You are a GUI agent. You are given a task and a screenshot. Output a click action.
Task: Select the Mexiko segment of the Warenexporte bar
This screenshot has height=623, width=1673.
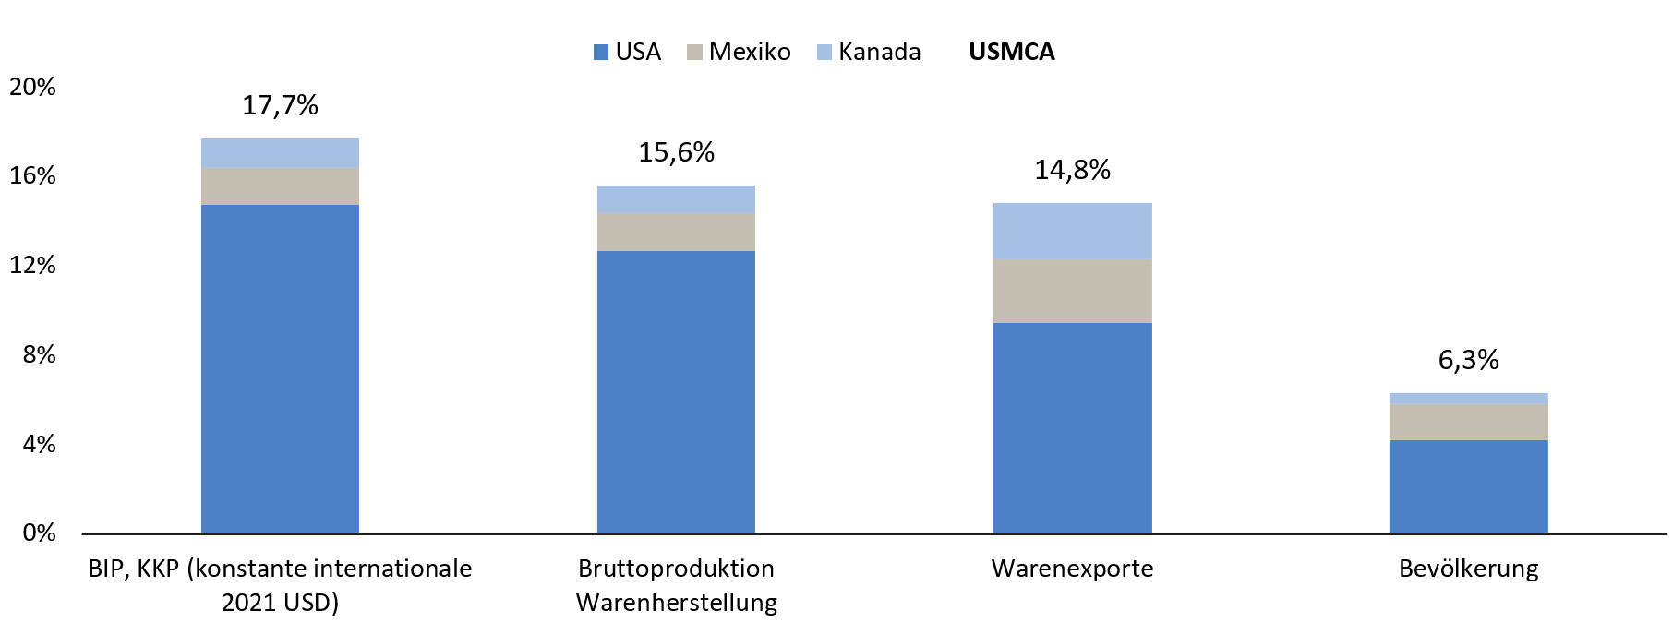click(x=1072, y=291)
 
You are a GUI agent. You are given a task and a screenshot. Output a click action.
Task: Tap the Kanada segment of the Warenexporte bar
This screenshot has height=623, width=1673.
click(x=1072, y=231)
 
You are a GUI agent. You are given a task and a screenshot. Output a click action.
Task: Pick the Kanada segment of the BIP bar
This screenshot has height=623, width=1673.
click(x=280, y=152)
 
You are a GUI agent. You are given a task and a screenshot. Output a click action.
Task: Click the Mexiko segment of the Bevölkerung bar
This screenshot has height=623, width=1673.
click(x=1468, y=422)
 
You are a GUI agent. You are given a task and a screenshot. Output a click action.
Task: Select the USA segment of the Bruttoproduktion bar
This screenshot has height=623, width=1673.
click(x=676, y=391)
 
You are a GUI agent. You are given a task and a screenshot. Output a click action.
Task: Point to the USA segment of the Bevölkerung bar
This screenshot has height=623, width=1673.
click(x=1468, y=486)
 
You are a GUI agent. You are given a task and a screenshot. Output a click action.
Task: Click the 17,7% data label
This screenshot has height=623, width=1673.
click(x=280, y=105)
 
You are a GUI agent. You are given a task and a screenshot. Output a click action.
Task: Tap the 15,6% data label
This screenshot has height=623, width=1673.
click(x=676, y=152)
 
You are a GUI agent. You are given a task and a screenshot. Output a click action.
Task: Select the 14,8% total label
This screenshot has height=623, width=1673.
click(x=1072, y=170)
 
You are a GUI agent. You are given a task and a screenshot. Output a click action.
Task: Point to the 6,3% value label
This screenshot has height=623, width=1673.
click(x=1468, y=360)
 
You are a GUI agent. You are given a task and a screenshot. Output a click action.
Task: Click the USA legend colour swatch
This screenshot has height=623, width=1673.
click(x=601, y=53)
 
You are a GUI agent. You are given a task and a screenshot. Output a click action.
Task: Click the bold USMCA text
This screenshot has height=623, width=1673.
click(x=1011, y=52)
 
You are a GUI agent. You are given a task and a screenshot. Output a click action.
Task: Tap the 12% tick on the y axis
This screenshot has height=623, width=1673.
click(x=32, y=266)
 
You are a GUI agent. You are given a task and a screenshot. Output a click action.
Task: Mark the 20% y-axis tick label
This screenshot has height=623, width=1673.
click(x=32, y=87)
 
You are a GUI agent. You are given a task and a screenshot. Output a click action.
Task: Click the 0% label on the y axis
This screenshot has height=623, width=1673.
click(x=39, y=533)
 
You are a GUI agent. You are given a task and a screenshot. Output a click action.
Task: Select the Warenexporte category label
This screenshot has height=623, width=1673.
click(x=1072, y=569)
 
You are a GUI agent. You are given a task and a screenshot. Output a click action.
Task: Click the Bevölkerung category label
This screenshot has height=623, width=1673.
click(x=1468, y=569)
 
